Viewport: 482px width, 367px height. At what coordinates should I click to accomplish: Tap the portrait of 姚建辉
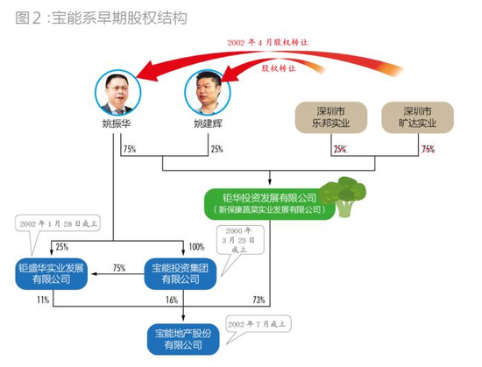[x=207, y=90]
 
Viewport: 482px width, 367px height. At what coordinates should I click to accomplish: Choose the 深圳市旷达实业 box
[x=418, y=118]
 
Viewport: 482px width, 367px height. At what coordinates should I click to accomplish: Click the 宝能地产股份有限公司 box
[x=185, y=337]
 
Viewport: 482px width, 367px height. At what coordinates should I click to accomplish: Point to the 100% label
[x=196, y=247]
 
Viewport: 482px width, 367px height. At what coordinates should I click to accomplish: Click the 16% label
[x=171, y=300]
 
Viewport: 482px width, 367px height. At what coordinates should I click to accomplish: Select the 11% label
[x=42, y=300]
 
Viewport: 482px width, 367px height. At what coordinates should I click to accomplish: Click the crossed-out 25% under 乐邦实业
[x=339, y=150]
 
